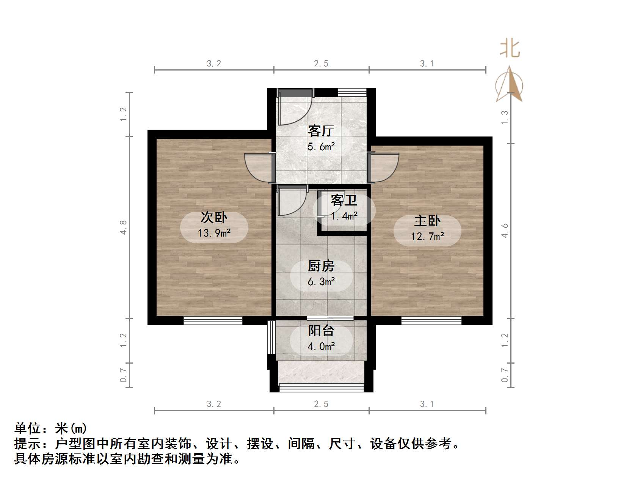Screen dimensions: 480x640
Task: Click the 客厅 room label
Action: pos(321,131)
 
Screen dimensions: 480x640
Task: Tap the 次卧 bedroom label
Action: pos(214,218)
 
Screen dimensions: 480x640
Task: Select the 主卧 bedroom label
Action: pos(427,221)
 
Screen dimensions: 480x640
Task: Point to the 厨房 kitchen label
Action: pos(321,266)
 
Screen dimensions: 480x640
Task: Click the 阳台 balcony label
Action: pos(321,331)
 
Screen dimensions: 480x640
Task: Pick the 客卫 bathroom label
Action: pos(344,200)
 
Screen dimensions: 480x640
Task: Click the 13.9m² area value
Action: pos(214,233)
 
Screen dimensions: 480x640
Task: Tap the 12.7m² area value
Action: pos(427,237)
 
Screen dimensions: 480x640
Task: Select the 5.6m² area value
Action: pos(321,147)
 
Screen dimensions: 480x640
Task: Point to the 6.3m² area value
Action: pos(321,282)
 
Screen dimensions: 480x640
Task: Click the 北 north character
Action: pos(510,49)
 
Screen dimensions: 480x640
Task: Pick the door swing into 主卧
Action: pos(384,167)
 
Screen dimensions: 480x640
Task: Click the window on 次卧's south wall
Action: pos(213,321)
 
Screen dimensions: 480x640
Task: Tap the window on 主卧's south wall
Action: pos(431,321)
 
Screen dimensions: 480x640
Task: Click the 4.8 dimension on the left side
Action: pos(124,227)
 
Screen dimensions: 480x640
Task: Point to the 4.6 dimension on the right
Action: pos(505,231)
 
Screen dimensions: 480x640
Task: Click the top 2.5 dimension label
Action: pos(321,64)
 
